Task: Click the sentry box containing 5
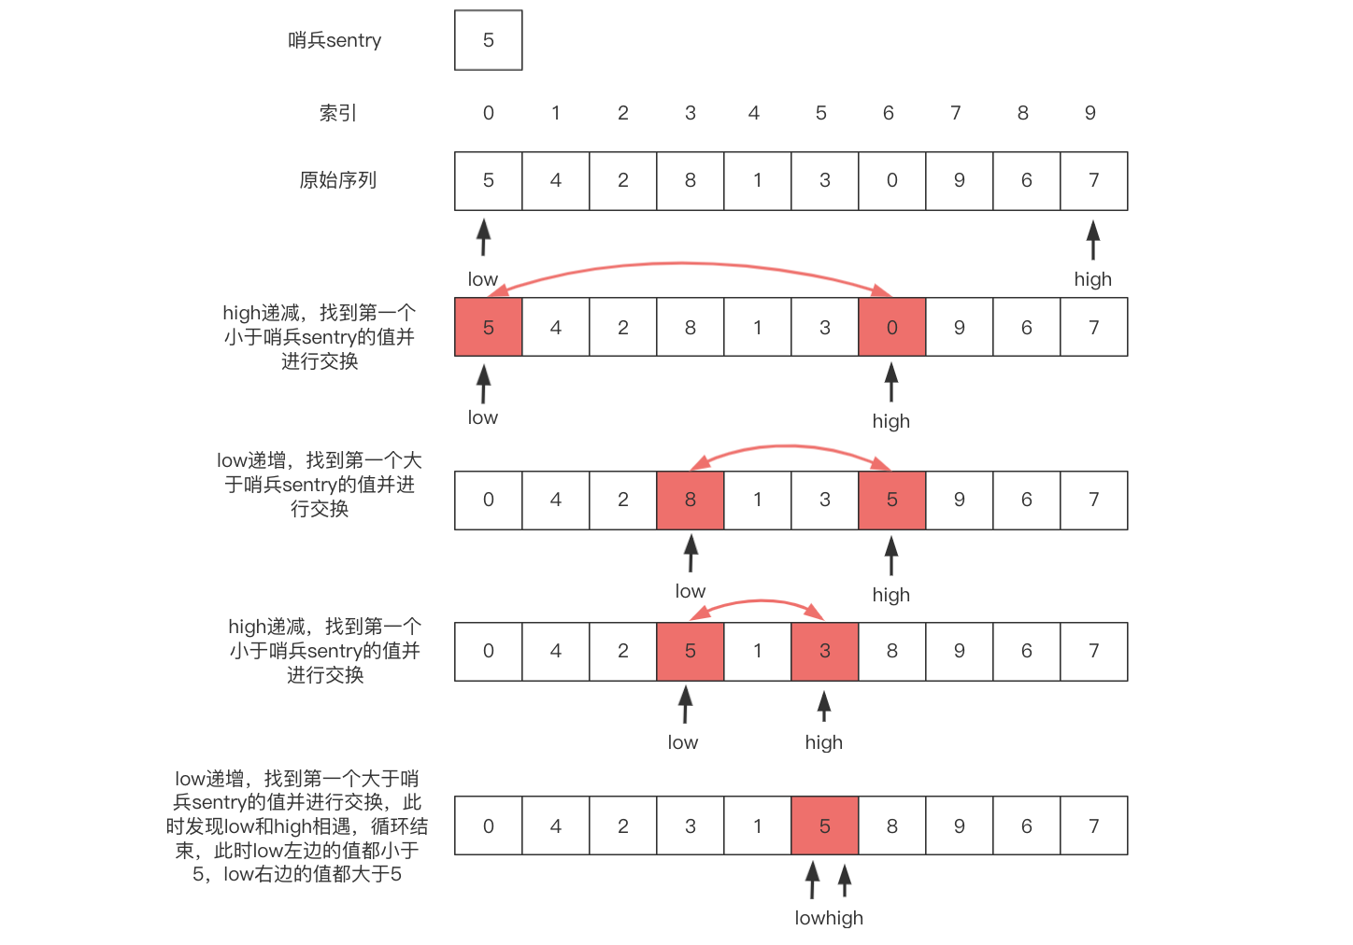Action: tap(488, 40)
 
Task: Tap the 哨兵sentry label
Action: tap(335, 40)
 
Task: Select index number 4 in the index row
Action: tap(754, 113)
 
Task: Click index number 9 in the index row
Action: tap(1090, 113)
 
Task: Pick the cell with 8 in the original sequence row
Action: tap(690, 180)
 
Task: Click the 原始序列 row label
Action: tap(337, 180)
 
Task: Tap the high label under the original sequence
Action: tap(1092, 279)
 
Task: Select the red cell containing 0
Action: tap(891, 328)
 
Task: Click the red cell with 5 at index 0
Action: tap(488, 328)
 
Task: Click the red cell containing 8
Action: tap(690, 500)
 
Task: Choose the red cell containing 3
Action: tap(824, 651)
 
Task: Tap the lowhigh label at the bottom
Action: tap(829, 918)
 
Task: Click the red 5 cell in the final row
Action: tap(824, 826)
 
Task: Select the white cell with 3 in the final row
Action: tap(690, 826)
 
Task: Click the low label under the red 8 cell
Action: tap(690, 591)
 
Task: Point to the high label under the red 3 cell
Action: tap(823, 742)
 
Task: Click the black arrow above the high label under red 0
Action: tap(891, 382)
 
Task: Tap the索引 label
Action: tap(337, 113)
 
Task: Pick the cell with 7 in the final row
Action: tap(1093, 826)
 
